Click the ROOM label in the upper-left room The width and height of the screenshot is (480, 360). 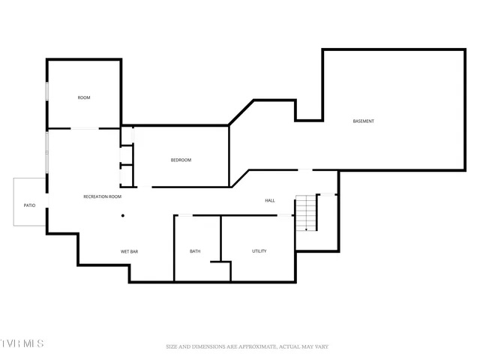[x=84, y=97]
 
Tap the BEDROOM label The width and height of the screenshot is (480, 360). [x=181, y=160]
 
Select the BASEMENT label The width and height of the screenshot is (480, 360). [x=364, y=121]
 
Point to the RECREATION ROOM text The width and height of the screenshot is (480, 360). [x=102, y=196]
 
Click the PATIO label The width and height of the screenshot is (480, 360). [x=29, y=205]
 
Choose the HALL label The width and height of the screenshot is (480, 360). [x=270, y=200]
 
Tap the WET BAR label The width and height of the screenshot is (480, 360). [x=130, y=251]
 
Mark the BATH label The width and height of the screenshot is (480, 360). [x=195, y=251]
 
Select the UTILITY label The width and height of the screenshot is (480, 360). [x=259, y=251]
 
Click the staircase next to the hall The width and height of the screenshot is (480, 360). [x=306, y=213]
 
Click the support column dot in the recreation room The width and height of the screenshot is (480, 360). [x=123, y=216]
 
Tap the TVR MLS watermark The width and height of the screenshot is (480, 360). [x=22, y=343]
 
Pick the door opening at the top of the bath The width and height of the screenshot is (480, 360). [x=184, y=216]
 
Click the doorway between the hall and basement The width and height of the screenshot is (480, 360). [x=304, y=170]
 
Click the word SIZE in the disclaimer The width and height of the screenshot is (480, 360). [x=172, y=346]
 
